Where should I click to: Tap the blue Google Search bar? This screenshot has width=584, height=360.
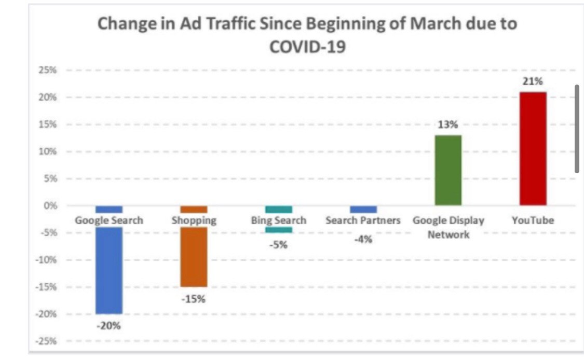tap(109, 270)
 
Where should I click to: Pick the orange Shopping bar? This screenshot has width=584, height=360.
tap(194, 257)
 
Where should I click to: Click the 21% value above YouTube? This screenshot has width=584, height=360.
tap(533, 81)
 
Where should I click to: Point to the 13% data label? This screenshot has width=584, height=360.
tap(447, 124)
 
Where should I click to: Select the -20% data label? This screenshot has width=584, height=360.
tap(109, 326)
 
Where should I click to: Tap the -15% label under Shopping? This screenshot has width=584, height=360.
tap(193, 299)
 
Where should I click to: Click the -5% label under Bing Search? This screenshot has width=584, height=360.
tap(278, 245)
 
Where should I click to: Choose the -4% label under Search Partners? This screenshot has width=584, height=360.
tap(363, 239)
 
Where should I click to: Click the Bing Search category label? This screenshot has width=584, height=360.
tap(278, 220)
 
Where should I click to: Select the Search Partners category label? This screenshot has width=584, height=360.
tap(363, 220)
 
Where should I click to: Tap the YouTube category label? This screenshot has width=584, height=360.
tap(533, 220)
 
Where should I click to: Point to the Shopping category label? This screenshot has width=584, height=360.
tap(194, 220)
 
